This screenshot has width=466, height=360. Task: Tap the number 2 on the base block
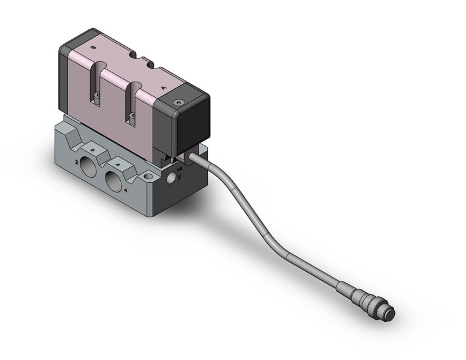[x=77, y=162]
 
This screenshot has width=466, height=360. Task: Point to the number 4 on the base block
[x=126, y=191]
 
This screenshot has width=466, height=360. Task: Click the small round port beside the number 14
[x=172, y=178]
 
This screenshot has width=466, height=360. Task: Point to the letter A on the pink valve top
[x=164, y=88]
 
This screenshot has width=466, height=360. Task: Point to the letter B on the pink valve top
[x=92, y=47]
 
